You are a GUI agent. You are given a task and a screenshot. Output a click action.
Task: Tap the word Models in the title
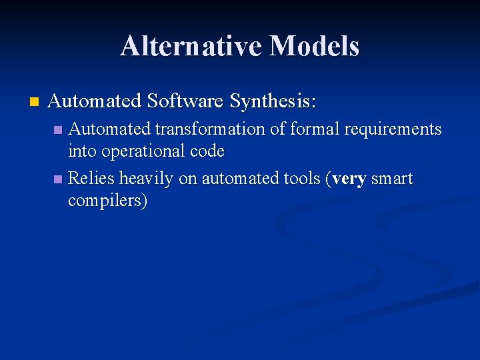coord(314,46)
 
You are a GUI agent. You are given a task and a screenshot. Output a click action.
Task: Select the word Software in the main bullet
coord(185,101)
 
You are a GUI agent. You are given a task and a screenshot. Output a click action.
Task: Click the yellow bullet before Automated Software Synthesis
coord(34,102)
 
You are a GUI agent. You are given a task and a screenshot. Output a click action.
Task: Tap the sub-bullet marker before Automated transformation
coord(58,129)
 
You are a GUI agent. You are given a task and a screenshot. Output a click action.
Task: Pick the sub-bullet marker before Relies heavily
coord(58,179)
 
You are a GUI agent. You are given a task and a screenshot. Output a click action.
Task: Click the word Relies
coord(92,179)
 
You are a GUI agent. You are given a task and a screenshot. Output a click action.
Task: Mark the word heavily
coord(147,179)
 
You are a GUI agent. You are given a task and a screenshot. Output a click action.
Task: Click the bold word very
coord(349,179)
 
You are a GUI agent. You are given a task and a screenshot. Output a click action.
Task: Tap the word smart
coord(392,179)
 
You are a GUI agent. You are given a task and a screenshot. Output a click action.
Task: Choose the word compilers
coord(107,201)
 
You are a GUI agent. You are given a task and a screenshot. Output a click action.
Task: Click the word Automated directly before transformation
coord(110,129)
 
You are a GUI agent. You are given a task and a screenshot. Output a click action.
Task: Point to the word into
coord(82,151)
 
